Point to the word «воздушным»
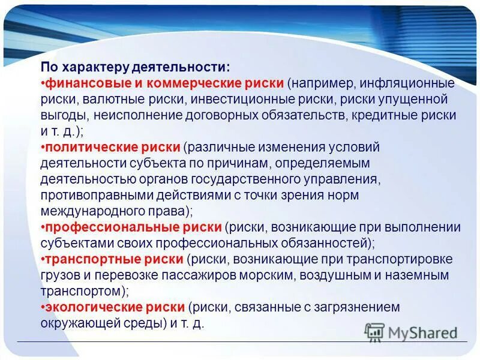click(x=334, y=275)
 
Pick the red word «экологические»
click(x=84, y=307)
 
